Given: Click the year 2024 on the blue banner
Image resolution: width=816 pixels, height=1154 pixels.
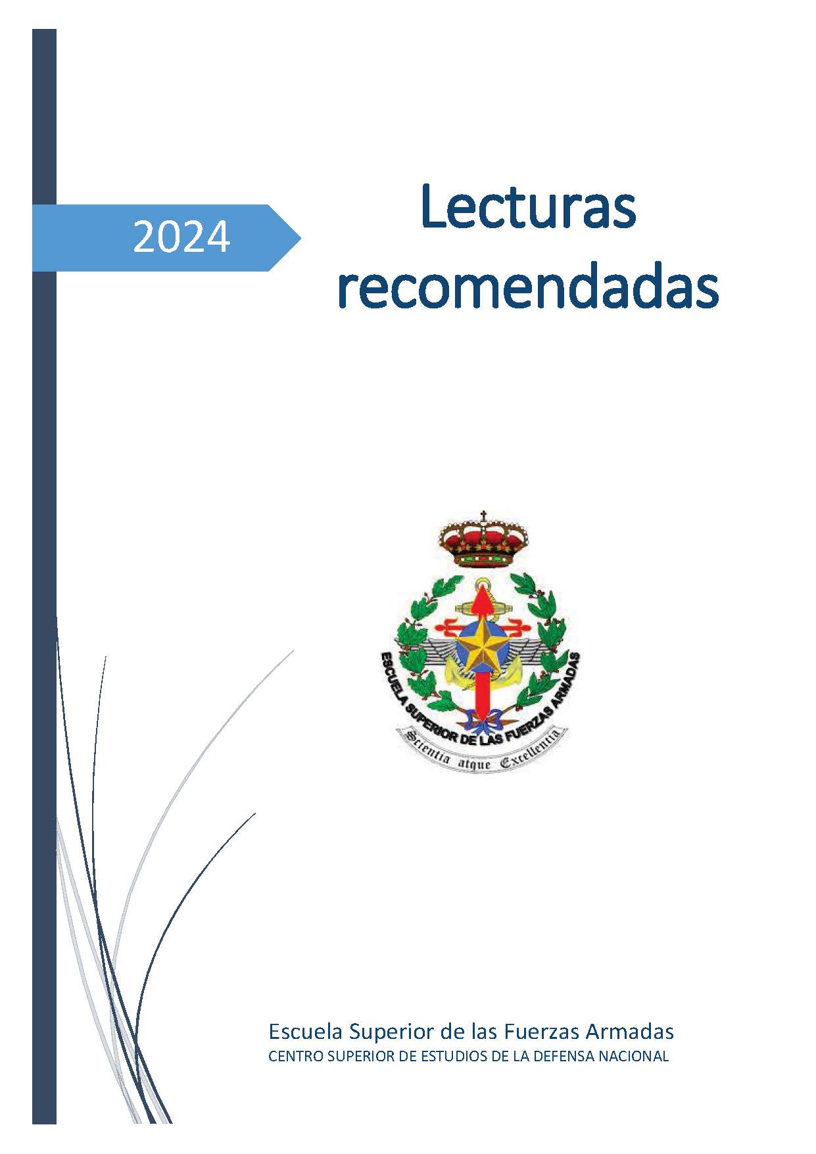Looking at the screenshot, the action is click(181, 237).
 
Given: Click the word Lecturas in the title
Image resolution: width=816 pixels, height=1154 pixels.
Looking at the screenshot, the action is click(528, 206).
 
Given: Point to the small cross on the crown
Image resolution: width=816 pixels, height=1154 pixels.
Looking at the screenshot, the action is click(483, 515).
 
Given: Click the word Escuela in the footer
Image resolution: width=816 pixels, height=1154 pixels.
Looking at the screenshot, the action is click(306, 1031).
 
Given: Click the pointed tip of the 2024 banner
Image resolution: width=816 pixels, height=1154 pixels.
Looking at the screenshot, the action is click(300, 237).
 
